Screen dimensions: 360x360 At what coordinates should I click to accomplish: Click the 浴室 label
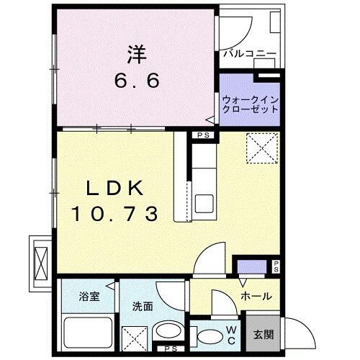coord(90,296)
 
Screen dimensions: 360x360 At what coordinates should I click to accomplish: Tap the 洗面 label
coord(143,306)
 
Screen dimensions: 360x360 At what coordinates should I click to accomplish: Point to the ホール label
coord(255,295)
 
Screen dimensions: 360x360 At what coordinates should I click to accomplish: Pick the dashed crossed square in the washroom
coord(133,337)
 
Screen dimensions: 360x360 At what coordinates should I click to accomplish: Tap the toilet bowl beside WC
coord(210,335)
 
